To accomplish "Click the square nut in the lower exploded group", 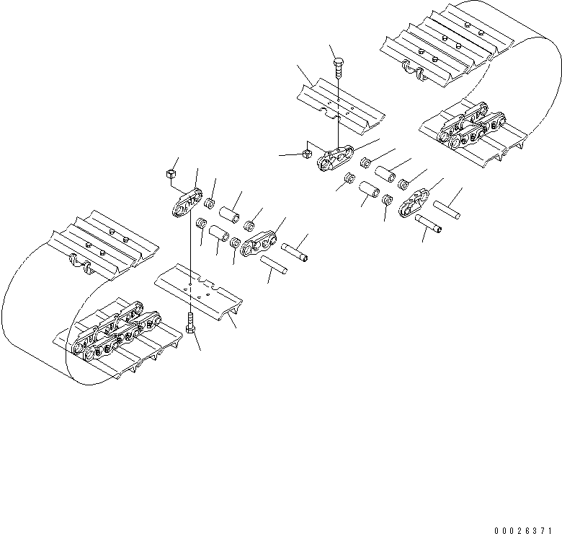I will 171,173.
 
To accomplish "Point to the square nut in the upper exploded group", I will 305,152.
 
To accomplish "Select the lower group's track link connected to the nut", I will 188,202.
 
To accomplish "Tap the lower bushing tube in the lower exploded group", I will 219,234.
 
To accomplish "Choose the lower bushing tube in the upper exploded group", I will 370,192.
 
